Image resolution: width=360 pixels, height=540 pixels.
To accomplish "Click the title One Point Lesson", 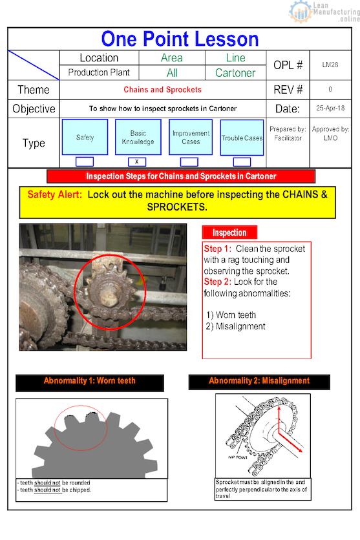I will coord(180,39).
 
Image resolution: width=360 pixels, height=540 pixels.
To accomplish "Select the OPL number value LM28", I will coord(330,65).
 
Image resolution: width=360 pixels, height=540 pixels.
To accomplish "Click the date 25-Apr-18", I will coord(330,109).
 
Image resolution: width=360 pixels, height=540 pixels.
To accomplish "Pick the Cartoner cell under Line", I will coord(235,73).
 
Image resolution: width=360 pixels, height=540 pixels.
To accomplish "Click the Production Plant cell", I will coord(99,72).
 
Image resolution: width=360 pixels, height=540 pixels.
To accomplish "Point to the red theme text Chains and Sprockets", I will coord(162,90).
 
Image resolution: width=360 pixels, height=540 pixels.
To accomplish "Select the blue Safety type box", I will coord(85,138).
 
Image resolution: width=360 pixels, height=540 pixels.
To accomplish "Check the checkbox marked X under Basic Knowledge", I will coord(137,161).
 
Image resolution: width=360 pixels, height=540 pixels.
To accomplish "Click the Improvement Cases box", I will coord(191,138).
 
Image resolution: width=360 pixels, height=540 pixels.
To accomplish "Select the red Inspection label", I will coord(229,233).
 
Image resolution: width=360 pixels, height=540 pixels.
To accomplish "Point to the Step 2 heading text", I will coord(217,282).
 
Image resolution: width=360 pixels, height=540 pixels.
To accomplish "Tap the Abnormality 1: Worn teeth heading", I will coord(90,381).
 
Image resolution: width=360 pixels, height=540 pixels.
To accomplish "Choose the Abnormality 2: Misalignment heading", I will coord(259,381).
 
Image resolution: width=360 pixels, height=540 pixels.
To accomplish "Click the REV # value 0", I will coord(330,90).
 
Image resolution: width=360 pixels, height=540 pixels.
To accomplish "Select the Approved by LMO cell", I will coord(330,134).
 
